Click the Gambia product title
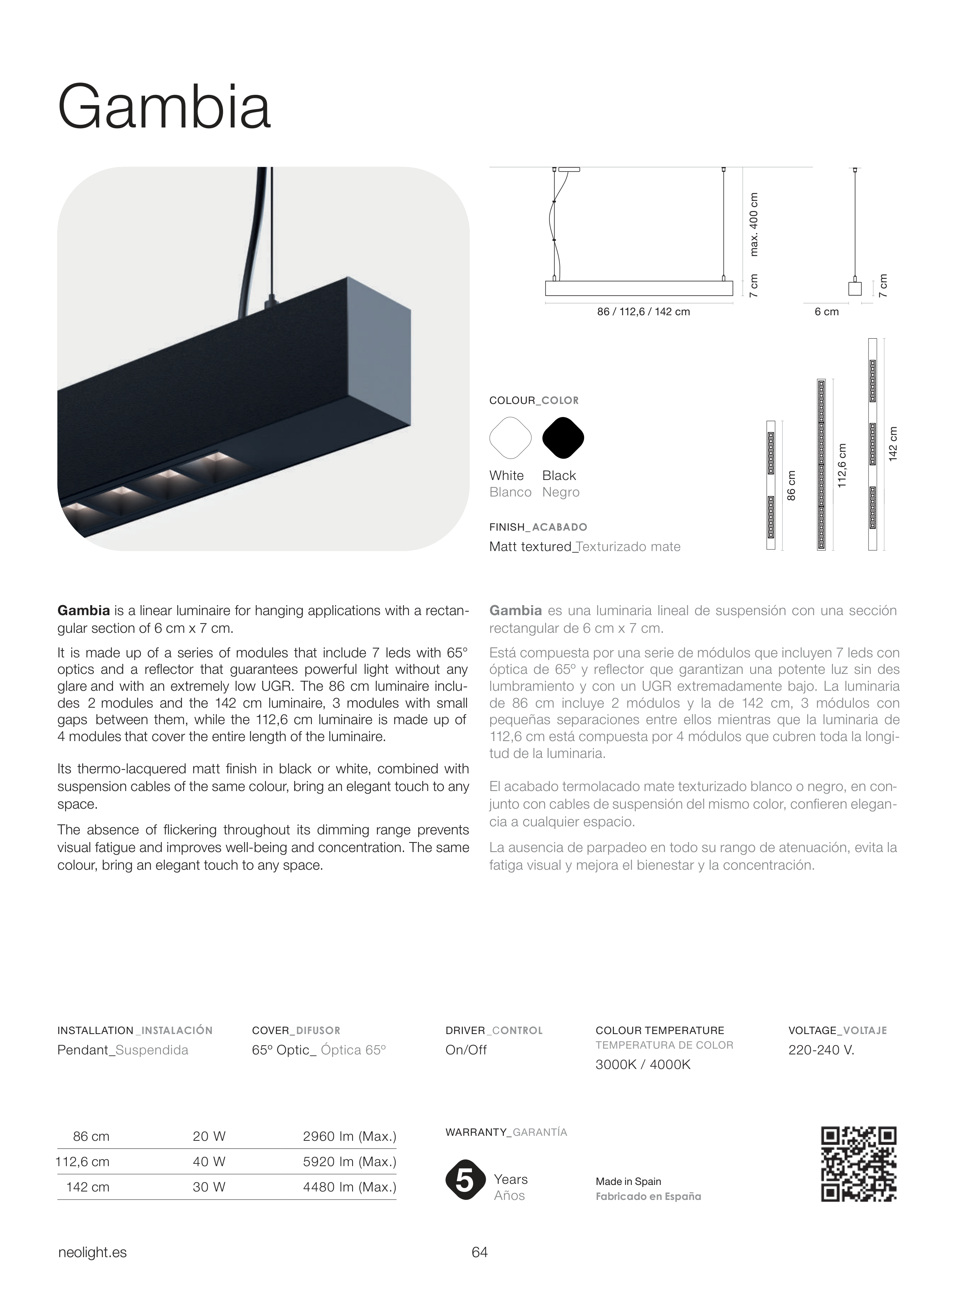pos(164,108)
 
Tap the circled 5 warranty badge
pos(465,1180)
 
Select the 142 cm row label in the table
pos(88,1187)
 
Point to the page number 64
pos(479,1252)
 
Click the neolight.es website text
pos(93,1253)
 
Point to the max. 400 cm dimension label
pos(754,224)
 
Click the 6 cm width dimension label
pos(826,312)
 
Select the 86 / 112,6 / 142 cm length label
pos(643,312)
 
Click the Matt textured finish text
pos(530,547)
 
